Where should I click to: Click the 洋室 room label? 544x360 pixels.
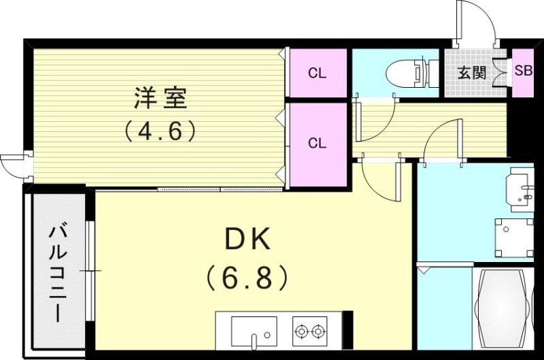[x=160, y=99]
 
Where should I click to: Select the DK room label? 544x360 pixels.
[x=248, y=240]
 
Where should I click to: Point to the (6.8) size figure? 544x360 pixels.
[x=248, y=276]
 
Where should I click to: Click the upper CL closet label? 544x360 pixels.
[x=317, y=73]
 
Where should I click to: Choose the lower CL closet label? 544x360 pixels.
[x=317, y=143]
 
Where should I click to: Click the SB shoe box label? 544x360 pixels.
[x=523, y=71]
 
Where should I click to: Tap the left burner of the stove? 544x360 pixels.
[x=301, y=331]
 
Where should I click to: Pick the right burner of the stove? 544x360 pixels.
[x=318, y=331]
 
